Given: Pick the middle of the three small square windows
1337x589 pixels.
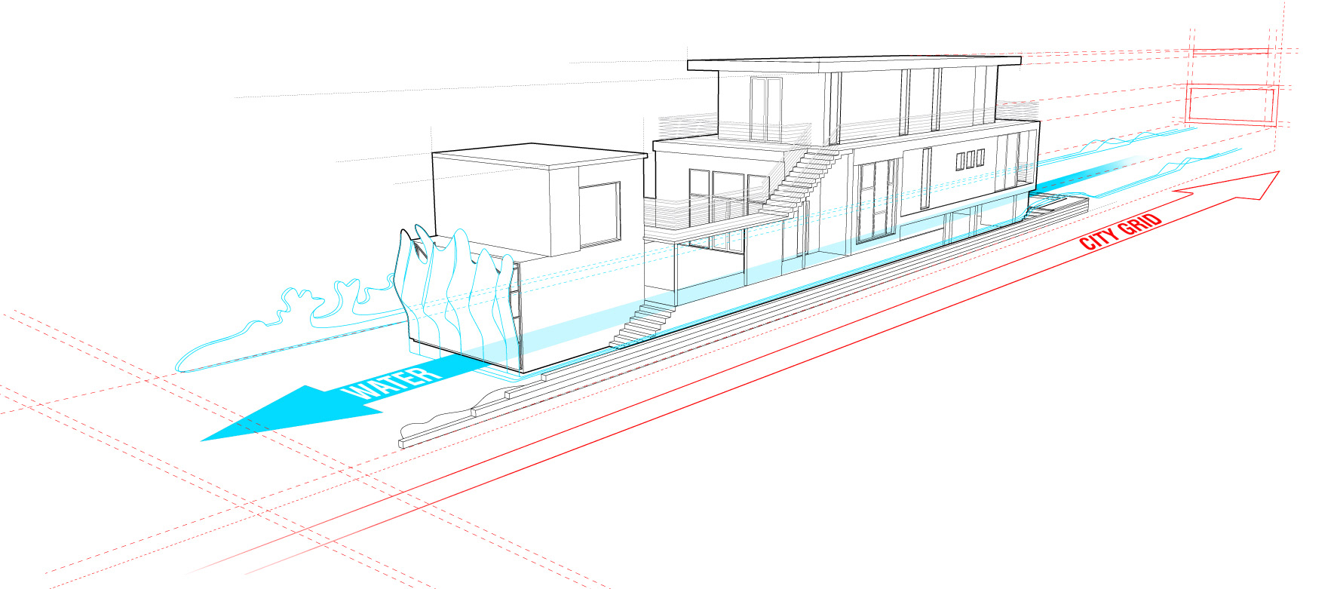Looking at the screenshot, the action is tap(970, 160).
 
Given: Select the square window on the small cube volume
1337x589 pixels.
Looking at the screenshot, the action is tap(600, 214).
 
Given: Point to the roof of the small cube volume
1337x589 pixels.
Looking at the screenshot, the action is tap(539, 154).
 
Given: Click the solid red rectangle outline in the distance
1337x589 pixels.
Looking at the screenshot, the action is tap(1231, 105).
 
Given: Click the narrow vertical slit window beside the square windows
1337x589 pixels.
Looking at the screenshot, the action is tap(926, 178).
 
